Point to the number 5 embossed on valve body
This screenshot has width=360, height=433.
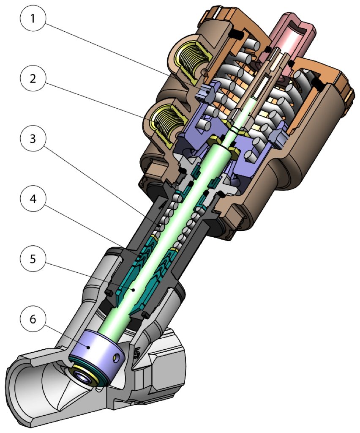coord(136,353)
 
